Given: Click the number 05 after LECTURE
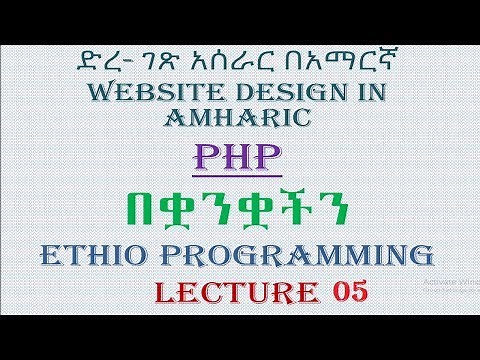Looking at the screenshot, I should pos(345,293).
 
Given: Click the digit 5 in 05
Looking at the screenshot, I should pos(356,293).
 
